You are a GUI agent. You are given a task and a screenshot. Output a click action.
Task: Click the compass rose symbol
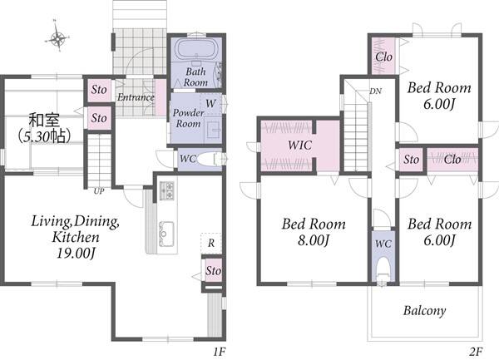pos(57,39)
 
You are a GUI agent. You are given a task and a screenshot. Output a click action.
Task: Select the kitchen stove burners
pos(166,190)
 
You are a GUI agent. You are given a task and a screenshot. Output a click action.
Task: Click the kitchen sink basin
pos(166,233)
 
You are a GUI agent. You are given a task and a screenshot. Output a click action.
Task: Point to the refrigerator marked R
pos(211,244)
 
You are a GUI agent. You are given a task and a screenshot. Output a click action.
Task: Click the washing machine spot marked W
pos(210,104)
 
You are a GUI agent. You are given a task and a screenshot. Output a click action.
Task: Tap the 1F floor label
pos(220,352)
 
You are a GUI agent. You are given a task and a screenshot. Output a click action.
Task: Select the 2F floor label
pos(476,352)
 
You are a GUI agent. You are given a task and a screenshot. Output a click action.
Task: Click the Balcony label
pos(424,311)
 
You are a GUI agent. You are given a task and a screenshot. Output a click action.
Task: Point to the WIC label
pos(299,145)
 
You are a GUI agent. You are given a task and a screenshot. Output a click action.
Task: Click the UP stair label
pos(99,191)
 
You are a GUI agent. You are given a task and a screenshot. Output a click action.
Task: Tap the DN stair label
pos(376,91)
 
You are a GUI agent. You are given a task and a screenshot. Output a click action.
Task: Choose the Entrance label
pos(136,97)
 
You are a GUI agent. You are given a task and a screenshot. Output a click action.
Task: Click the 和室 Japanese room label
pos(44,121)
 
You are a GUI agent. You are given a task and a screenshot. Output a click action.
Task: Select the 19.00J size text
pos(76,254)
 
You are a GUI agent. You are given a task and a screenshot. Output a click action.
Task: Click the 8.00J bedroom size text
pos(314,240)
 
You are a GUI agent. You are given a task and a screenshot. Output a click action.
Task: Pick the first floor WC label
pos(188,159)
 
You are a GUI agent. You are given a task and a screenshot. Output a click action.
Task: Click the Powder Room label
pos(189,118)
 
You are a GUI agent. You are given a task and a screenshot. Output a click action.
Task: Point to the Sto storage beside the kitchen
pos(213,271)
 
